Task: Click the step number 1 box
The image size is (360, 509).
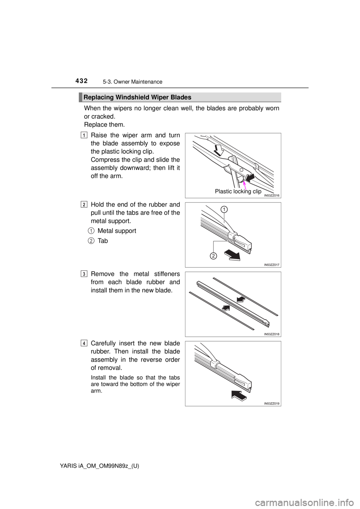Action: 84,135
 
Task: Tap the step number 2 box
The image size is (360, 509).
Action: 84,205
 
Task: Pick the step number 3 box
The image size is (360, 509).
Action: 84,274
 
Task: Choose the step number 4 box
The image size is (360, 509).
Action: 84,343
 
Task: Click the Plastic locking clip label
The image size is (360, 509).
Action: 238,191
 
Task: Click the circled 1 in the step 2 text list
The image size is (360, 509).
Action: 91,230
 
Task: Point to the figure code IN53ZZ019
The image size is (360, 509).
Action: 271,403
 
